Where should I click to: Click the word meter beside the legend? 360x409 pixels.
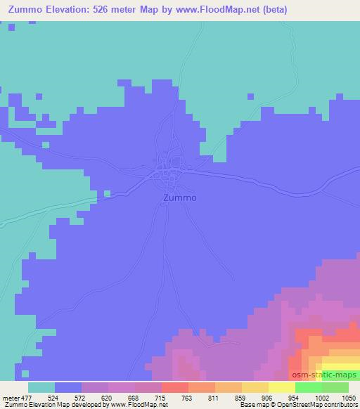pyautogui.click(x=9, y=397)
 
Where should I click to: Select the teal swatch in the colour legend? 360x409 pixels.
pyautogui.click(x=41, y=387)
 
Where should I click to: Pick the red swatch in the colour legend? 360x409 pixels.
pyautogui.click(x=175, y=387)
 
